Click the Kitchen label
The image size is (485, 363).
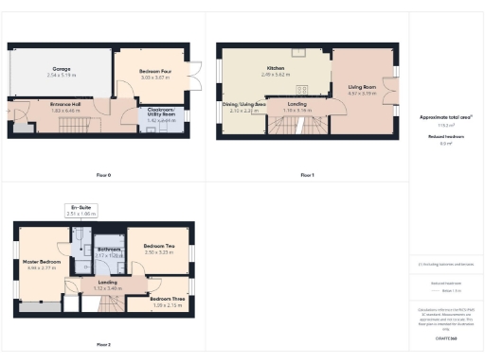pos(276,69)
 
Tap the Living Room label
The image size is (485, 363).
pos(362,88)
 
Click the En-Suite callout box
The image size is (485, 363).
pos(81,211)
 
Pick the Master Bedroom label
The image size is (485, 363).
pos(42,264)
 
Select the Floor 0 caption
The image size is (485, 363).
pos(103,176)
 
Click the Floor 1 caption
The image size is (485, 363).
pos(306,176)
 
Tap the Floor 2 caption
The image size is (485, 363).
pos(103,344)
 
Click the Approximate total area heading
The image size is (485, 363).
pos(445,117)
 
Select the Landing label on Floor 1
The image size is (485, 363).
pos(296,104)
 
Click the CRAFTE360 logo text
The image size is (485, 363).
pos(445,337)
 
